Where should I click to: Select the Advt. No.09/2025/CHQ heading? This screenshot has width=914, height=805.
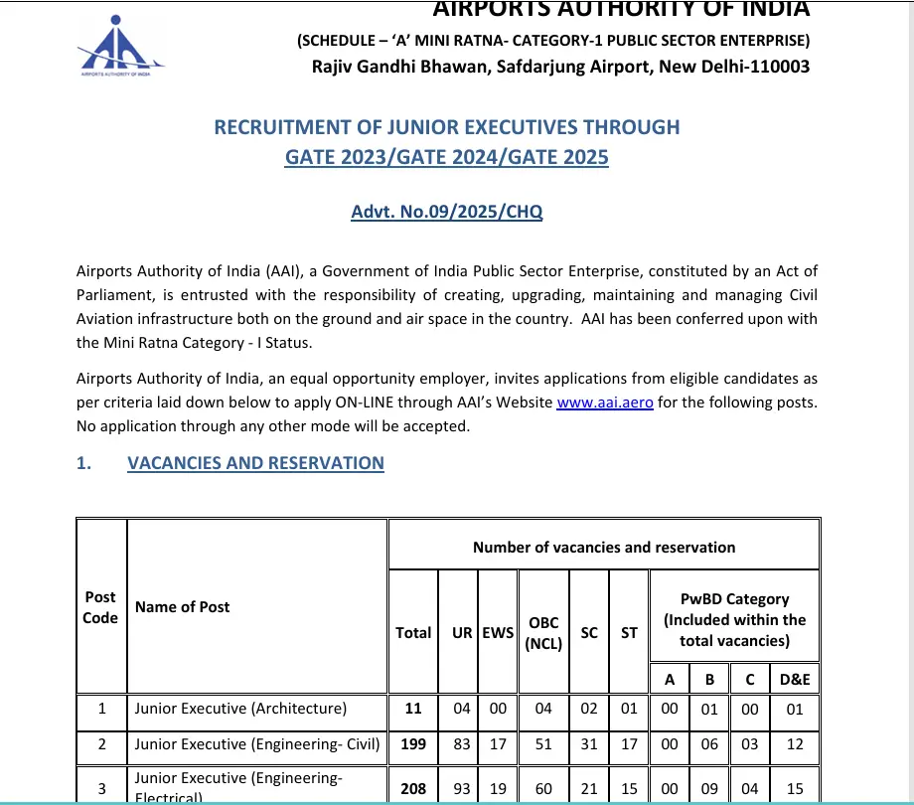click(x=447, y=212)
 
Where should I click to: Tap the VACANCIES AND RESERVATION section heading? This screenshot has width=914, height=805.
click(x=255, y=463)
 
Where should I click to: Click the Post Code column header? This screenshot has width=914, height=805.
click(x=100, y=607)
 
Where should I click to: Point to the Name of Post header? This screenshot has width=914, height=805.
click(x=183, y=607)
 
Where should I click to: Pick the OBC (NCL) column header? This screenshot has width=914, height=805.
click(x=543, y=632)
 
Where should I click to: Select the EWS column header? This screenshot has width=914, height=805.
click(x=498, y=632)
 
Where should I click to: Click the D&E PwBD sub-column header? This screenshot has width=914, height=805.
click(x=795, y=679)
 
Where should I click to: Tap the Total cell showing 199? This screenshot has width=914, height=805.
click(x=413, y=744)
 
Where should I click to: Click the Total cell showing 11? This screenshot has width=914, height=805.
click(x=413, y=709)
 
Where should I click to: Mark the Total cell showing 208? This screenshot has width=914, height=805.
click(x=413, y=788)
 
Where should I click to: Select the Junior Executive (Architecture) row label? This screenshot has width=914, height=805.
click(x=241, y=709)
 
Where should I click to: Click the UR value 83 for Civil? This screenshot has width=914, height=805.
click(x=462, y=744)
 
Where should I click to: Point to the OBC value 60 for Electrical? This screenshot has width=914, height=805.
click(x=543, y=788)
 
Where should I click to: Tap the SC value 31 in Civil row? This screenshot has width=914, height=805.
click(x=589, y=744)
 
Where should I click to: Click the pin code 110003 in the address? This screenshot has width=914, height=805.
click(x=777, y=67)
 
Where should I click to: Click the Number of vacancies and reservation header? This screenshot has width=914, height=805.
click(x=604, y=547)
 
